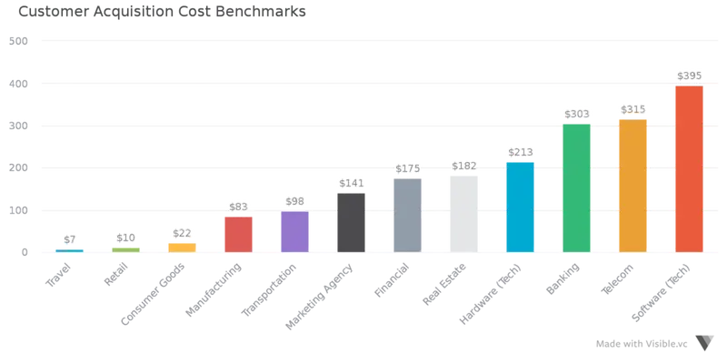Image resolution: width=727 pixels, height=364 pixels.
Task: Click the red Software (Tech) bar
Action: [689, 169]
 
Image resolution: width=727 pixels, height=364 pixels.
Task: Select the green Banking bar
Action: [576, 188]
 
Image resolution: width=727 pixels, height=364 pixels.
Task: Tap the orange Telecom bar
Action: [632, 186]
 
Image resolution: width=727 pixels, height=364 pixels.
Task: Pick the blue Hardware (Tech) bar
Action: [520, 207]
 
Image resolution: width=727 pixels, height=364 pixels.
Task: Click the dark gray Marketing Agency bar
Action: [351, 222]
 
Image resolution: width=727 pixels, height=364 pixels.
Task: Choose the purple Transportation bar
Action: [294, 232]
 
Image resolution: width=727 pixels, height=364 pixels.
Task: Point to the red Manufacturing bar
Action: [238, 235]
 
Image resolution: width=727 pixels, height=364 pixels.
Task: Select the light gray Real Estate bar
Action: [463, 214]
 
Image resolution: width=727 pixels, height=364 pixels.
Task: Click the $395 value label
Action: [689, 76]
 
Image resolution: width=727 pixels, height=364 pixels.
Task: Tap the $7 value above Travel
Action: [70, 239]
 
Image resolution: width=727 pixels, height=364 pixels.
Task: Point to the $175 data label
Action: [407, 168]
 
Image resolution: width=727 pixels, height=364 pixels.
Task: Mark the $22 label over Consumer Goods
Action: [182, 233]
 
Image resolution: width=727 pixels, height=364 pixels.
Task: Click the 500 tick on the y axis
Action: [18, 41]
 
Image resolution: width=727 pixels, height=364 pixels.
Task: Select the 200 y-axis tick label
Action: [18, 168]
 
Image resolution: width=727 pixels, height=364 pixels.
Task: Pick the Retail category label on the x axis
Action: [115, 274]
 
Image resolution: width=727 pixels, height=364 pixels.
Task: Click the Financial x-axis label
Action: [392, 280]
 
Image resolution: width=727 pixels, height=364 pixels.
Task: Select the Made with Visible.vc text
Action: [642, 344]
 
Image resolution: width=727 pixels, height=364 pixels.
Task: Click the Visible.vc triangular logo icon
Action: [705, 343]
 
